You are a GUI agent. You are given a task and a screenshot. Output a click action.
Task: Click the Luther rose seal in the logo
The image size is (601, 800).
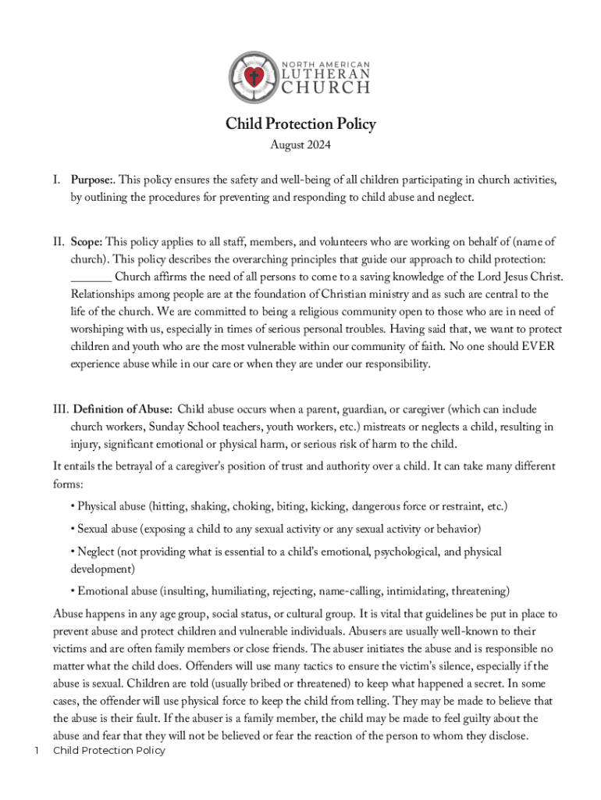point(252,77)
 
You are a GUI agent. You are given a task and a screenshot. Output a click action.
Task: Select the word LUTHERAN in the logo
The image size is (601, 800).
point(325,74)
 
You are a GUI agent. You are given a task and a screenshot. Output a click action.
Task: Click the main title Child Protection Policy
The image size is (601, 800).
point(300,124)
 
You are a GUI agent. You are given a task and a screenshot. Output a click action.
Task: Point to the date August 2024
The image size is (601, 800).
point(300,145)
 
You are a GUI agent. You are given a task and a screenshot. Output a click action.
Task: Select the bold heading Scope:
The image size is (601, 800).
point(87,241)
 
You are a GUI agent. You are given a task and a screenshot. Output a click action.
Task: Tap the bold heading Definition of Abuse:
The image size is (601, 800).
point(123,409)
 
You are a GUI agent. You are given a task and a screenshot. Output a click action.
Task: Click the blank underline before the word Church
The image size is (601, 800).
point(91,277)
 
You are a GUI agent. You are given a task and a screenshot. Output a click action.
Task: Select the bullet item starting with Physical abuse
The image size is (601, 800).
point(289,506)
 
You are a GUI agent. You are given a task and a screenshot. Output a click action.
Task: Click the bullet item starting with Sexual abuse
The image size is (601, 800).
point(276,529)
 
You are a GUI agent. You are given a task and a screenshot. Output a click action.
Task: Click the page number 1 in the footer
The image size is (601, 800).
point(36,751)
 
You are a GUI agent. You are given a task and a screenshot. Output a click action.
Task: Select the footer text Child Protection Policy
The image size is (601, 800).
point(108,751)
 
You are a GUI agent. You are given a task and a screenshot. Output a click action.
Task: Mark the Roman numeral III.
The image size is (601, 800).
point(61,409)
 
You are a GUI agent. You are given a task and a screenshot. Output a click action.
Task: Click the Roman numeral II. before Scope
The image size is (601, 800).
point(59,241)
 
